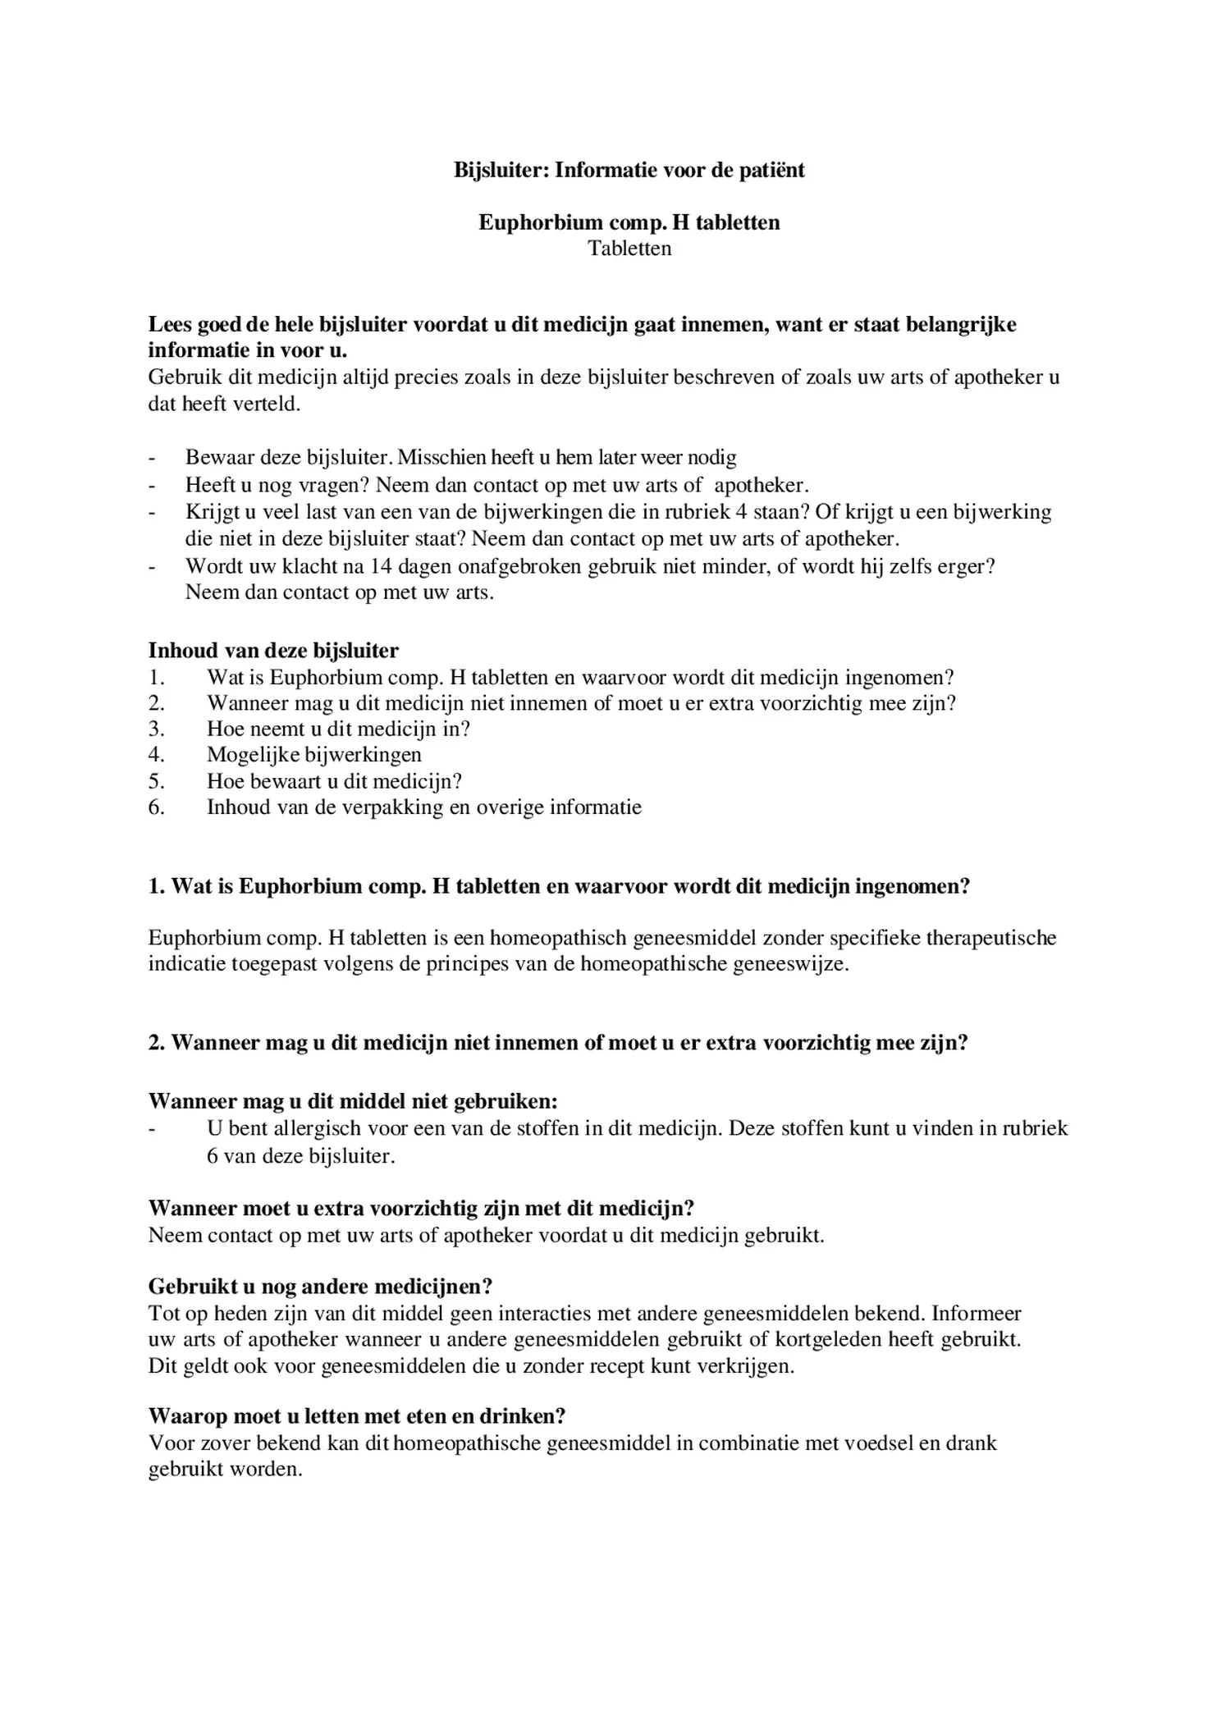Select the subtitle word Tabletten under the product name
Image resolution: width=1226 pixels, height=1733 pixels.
(x=629, y=249)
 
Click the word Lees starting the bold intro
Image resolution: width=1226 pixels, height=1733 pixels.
(x=170, y=325)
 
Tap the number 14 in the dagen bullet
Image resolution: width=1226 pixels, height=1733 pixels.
(x=381, y=566)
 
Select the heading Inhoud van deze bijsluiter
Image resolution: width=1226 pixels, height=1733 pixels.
(x=273, y=651)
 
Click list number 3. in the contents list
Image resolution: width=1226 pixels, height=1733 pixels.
(x=157, y=729)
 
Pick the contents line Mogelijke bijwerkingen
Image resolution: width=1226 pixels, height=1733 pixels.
(x=313, y=755)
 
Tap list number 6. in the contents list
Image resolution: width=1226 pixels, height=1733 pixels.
(x=157, y=807)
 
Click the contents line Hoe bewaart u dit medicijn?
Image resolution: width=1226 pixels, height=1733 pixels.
(x=334, y=781)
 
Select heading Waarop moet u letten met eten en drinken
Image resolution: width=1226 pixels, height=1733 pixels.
(x=357, y=1416)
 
